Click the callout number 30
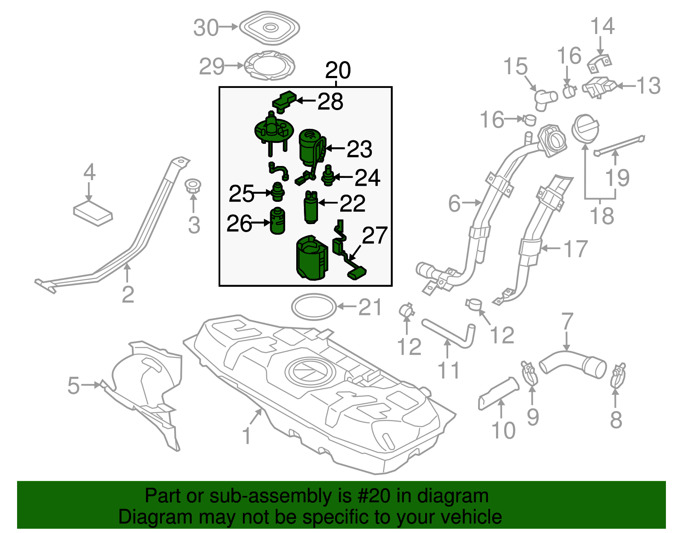pyautogui.click(x=206, y=28)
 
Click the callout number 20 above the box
pyautogui.click(x=338, y=70)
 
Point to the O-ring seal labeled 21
pyautogui.click(x=313, y=306)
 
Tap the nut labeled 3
pyautogui.click(x=193, y=186)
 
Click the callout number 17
pyautogui.click(x=575, y=248)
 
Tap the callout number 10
pyautogui.click(x=503, y=430)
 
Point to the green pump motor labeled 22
pyautogui.click(x=310, y=207)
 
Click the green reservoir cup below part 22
pyautogui.click(x=312, y=258)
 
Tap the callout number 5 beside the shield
pyautogui.click(x=73, y=385)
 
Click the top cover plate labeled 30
pyautogui.click(x=269, y=28)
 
